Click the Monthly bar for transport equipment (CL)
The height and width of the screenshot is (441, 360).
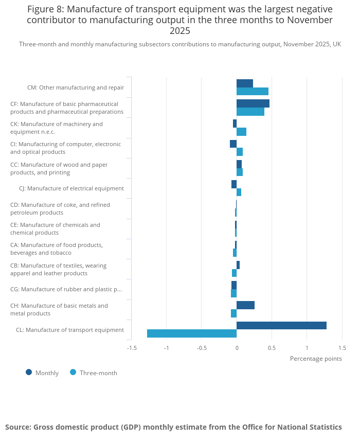tap(281, 325)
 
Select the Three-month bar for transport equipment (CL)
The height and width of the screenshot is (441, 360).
tap(192, 333)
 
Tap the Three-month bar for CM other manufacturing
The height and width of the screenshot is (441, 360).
tap(253, 92)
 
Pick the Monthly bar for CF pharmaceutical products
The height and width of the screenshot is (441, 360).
tap(253, 103)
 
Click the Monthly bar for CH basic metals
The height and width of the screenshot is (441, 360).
tap(246, 305)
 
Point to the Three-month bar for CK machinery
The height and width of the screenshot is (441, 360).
tap(241, 132)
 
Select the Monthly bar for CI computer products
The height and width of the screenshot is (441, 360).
tap(233, 144)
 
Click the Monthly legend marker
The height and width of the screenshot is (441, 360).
tap(29, 372)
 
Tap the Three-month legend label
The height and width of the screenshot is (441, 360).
tap(98, 373)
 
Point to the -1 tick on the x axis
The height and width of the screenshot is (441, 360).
tap(166, 348)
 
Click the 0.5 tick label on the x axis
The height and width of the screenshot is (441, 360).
tap(272, 348)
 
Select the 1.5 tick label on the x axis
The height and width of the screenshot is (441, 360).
tap(343, 348)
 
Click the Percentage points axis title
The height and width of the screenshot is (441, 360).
tap(316, 359)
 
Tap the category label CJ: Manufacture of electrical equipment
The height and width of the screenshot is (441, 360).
tap(71, 188)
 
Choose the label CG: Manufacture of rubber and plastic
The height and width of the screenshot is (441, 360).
tap(66, 289)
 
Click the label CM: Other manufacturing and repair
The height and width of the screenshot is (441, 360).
tap(76, 87)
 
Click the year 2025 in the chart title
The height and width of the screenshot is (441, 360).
tap(180, 31)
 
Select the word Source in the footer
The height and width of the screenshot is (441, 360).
tap(17, 427)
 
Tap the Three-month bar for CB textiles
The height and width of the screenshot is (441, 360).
tap(235, 273)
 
